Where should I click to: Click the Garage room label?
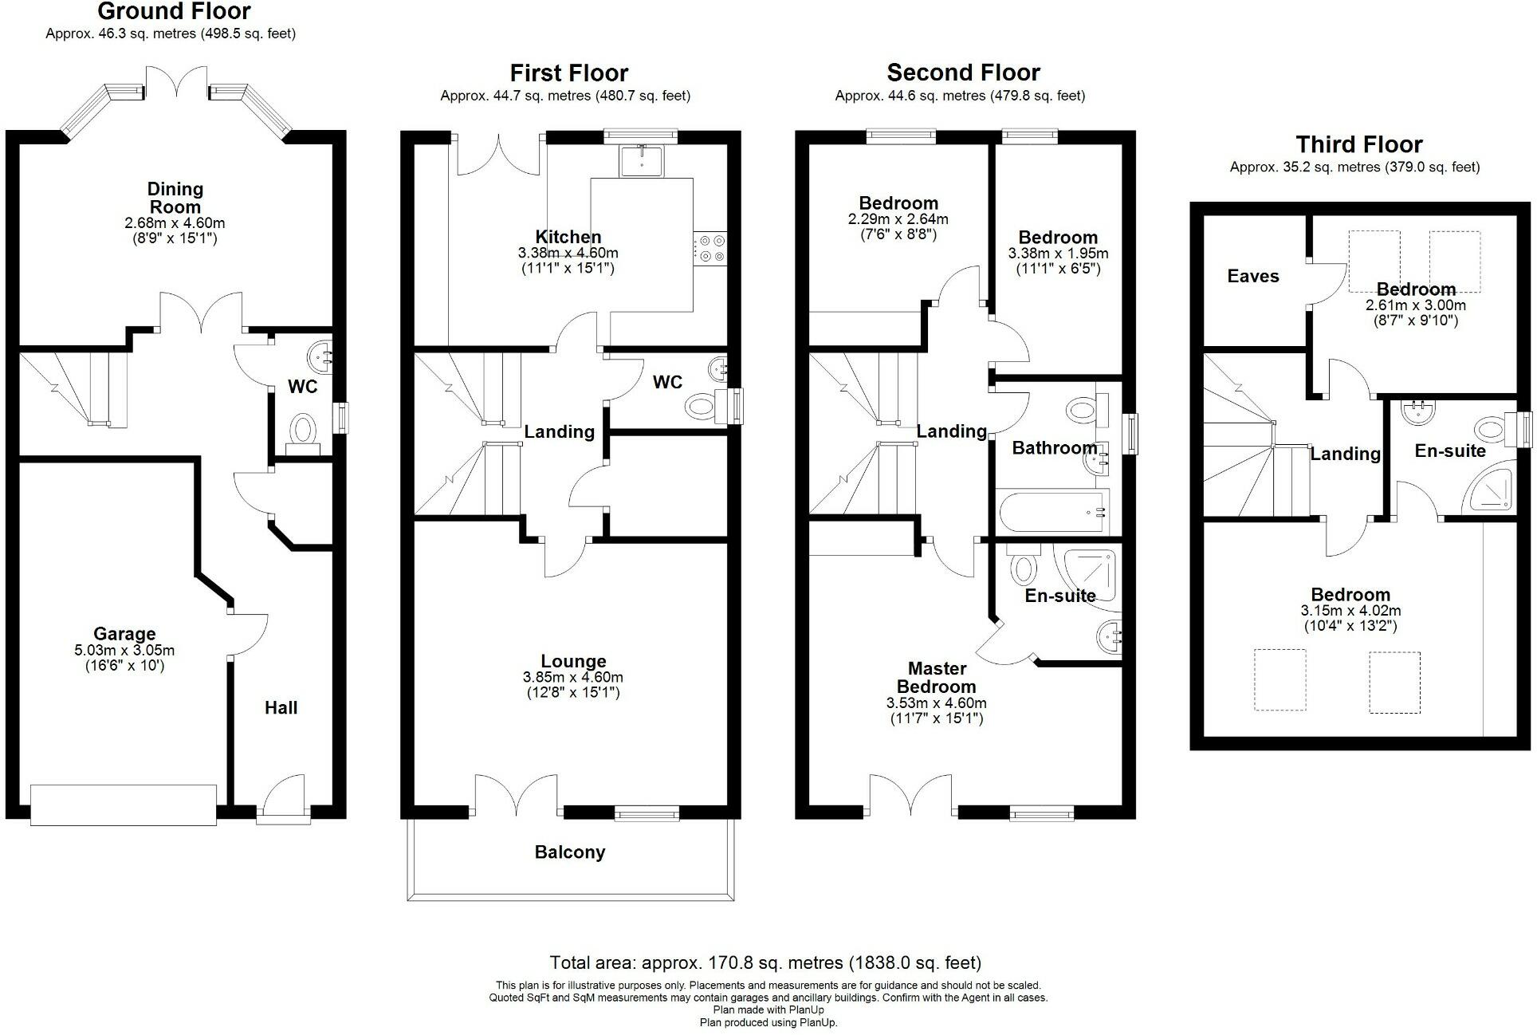124,634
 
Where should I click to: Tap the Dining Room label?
175,198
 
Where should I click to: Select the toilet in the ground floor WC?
303,434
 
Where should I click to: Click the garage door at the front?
124,805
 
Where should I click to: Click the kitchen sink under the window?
642,160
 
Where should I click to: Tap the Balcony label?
570,852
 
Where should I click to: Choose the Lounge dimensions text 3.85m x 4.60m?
573,677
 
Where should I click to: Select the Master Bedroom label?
937,678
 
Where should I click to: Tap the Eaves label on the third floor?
1253,276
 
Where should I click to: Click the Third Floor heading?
1359,144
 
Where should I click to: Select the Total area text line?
765,962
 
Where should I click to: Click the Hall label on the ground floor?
281,708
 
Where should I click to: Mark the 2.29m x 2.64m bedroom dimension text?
898,219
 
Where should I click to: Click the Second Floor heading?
964,73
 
